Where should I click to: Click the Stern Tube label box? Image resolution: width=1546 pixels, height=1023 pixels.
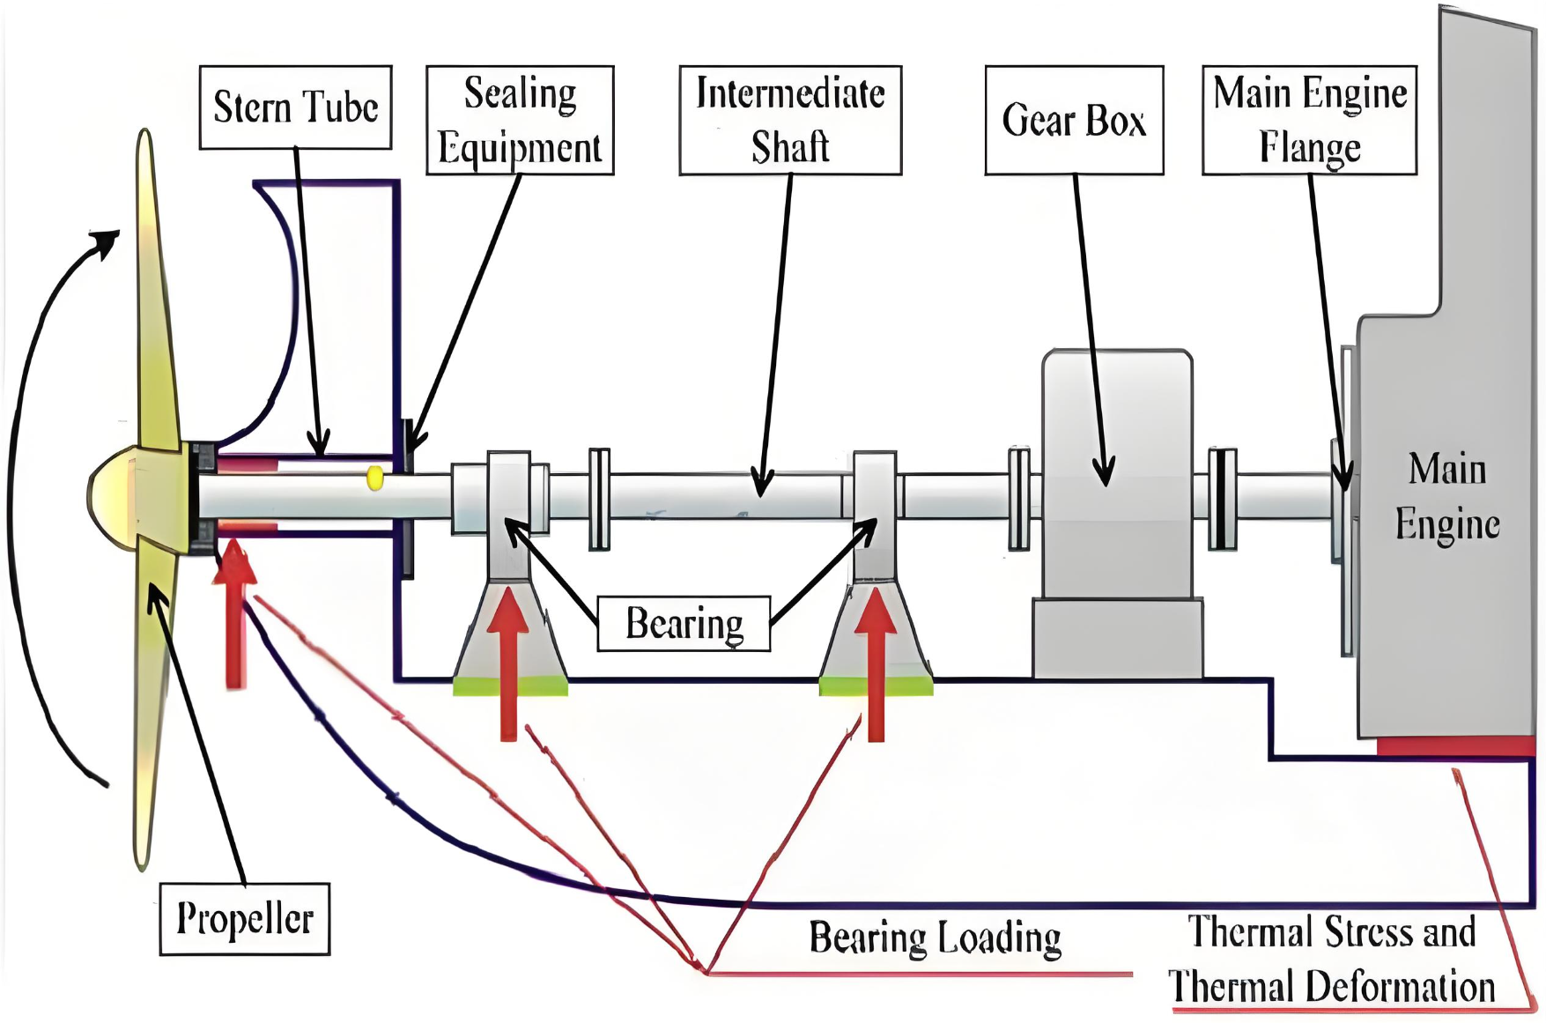click(295, 107)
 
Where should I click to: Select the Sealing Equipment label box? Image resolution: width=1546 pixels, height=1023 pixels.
click(520, 120)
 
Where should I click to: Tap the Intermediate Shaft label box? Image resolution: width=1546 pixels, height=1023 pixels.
click(790, 120)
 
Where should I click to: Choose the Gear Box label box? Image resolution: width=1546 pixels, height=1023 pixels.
click(1074, 120)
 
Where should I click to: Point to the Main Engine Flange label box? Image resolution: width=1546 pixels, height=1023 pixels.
click(1310, 120)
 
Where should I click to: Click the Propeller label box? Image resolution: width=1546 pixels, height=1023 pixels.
click(245, 919)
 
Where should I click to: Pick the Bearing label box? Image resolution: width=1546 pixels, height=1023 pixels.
click(684, 624)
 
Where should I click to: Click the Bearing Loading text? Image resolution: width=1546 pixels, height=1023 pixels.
click(936, 938)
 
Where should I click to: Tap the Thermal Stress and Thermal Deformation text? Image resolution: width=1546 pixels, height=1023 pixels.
click(1332, 959)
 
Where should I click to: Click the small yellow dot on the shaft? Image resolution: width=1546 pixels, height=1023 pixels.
click(374, 478)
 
